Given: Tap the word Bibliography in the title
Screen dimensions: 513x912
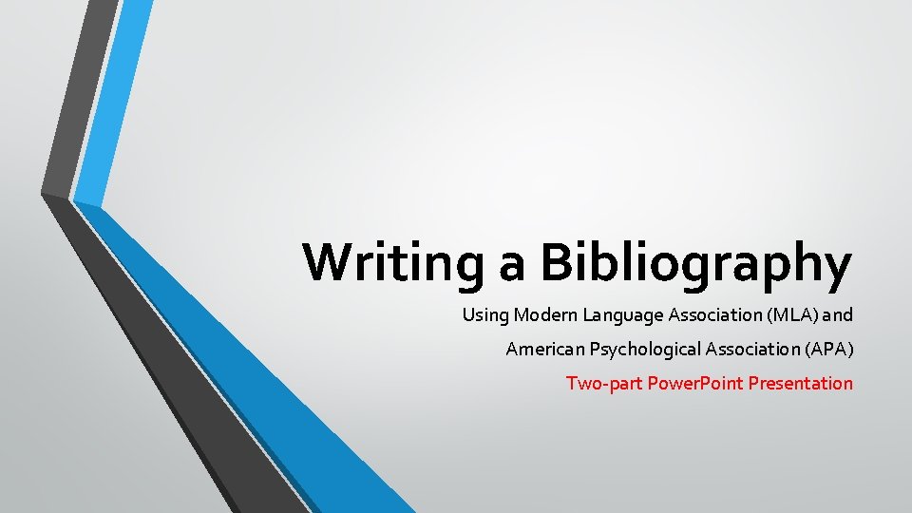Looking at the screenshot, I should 696,262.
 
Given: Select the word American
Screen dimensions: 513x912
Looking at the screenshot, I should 545,350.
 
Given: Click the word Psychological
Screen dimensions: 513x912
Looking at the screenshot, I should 645,350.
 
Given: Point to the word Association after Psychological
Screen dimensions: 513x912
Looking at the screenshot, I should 752,350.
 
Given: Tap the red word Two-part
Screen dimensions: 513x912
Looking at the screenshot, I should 596,384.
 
